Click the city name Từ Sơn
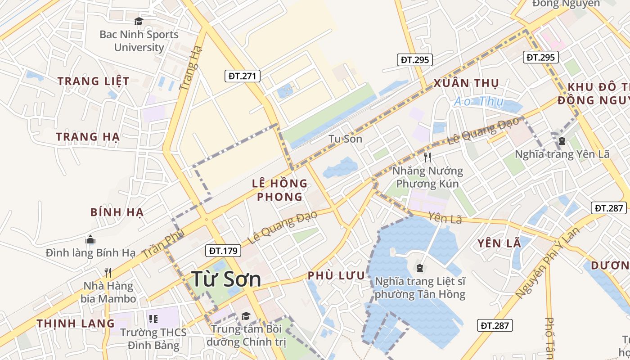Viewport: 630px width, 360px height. (226, 279)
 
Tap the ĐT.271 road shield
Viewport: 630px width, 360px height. (242, 76)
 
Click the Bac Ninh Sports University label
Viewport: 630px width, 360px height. (139, 41)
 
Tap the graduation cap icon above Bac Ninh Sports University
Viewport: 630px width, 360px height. (139, 21)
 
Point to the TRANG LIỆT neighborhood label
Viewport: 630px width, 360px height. (94, 81)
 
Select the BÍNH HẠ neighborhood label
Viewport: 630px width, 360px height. (117, 212)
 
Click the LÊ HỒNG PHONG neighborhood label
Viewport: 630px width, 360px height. (279, 190)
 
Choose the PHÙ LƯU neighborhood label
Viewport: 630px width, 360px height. (336, 276)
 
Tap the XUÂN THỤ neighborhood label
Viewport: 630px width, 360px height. (466, 83)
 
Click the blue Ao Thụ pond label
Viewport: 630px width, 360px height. (478, 102)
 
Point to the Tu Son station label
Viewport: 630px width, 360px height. (345, 139)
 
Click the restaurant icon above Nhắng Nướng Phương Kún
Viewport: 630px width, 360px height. (427, 157)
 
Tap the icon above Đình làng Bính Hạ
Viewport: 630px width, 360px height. (90, 239)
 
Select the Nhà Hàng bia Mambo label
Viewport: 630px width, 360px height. (108, 292)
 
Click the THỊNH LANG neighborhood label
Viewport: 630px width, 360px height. (76, 323)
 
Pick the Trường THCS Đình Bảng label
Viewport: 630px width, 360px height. (153, 339)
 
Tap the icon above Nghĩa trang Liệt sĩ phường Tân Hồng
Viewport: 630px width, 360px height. (420, 269)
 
